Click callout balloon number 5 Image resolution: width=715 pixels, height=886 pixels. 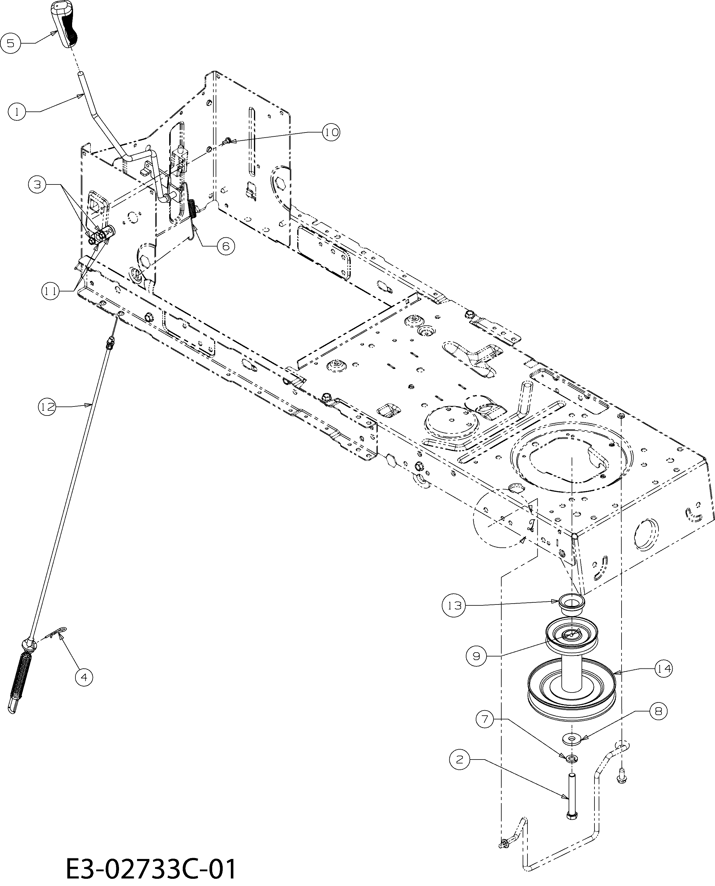tap(11, 43)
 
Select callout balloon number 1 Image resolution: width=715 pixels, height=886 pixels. tap(17, 111)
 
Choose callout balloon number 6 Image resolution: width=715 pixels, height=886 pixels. tap(226, 246)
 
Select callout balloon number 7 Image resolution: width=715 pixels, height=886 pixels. tap(485, 719)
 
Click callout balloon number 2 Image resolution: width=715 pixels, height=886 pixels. tap(459, 759)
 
